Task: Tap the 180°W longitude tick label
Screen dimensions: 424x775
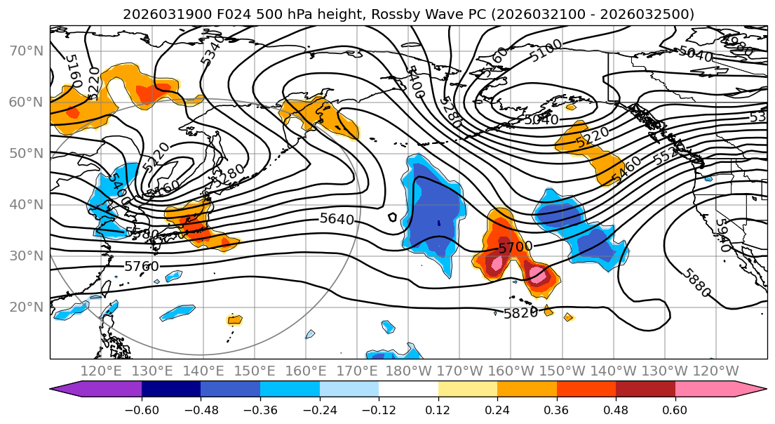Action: [408, 371]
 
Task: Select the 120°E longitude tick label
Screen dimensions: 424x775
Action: [101, 371]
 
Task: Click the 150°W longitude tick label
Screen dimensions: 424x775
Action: [562, 371]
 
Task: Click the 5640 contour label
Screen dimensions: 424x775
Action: [337, 219]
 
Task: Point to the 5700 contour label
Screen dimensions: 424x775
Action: [515, 247]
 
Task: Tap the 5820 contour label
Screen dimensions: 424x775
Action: [520, 313]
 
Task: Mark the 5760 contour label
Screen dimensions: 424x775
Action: [142, 266]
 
